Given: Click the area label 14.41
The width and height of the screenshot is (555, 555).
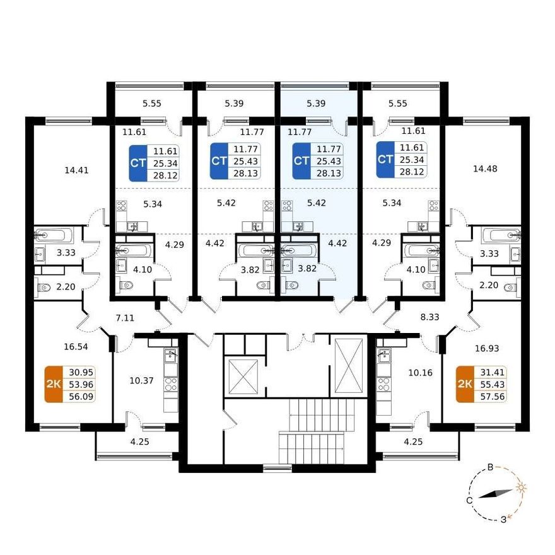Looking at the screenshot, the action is pyautogui.click(x=76, y=170).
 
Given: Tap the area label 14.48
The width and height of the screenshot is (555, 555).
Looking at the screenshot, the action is pyautogui.click(x=485, y=169).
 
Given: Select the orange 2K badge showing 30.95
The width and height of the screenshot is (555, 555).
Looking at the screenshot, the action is pyautogui.click(x=54, y=384).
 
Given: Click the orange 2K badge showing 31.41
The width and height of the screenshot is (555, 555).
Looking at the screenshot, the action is pyautogui.click(x=465, y=384).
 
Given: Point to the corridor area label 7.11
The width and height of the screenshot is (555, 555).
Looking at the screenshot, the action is pyautogui.click(x=126, y=318).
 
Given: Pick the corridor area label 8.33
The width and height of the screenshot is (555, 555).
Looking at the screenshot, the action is pyautogui.click(x=429, y=317).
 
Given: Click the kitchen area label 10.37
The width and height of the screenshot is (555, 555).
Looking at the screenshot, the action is pyautogui.click(x=141, y=380).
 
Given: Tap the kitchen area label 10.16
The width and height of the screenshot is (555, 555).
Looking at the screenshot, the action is pyautogui.click(x=421, y=373).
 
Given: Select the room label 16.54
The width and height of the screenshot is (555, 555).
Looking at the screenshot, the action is pyautogui.click(x=76, y=346).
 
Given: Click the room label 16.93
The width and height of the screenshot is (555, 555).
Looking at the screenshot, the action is pyautogui.click(x=487, y=348).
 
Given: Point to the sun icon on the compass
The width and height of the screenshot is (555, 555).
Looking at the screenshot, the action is pyautogui.click(x=521, y=488).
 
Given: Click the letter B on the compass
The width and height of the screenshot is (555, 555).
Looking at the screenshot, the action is pyautogui.click(x=490, y=467).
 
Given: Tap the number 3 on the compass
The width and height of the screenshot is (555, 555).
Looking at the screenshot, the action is pyautogui.click(x=503, y=520).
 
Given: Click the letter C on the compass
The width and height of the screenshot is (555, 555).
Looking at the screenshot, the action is pyautogui.click(x=469, y=501).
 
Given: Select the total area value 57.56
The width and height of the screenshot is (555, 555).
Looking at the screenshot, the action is pyautogui.click(x=492, y=397).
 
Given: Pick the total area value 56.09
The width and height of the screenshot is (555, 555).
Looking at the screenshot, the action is pyautogui.click(x=81, y=397).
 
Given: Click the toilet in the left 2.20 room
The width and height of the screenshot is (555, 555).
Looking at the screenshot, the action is pyautogui.click(x=44, y=287).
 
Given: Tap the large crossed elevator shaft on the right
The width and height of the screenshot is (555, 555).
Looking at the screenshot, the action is pyautogui.click(x=349, y=366).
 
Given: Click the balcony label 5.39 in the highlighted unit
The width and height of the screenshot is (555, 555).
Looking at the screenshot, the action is pyautogui.click(x=316, y=103).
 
